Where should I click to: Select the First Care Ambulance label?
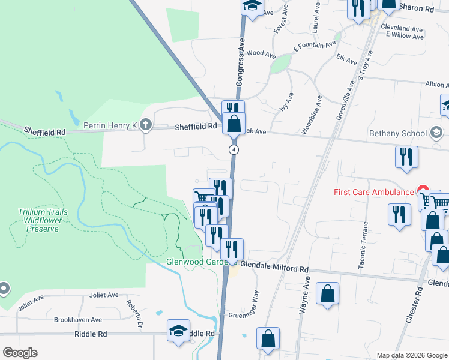point(373,192)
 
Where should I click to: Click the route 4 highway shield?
point(234,148)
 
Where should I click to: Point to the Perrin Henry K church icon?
point(146,125)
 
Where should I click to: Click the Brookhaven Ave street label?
point(78,320)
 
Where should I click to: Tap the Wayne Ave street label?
point(305,295)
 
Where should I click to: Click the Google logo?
point(20,353)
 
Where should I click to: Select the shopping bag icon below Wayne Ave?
point(327,294)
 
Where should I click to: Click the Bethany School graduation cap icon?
point(436,133)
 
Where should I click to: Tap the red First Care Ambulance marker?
point(423,191)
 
